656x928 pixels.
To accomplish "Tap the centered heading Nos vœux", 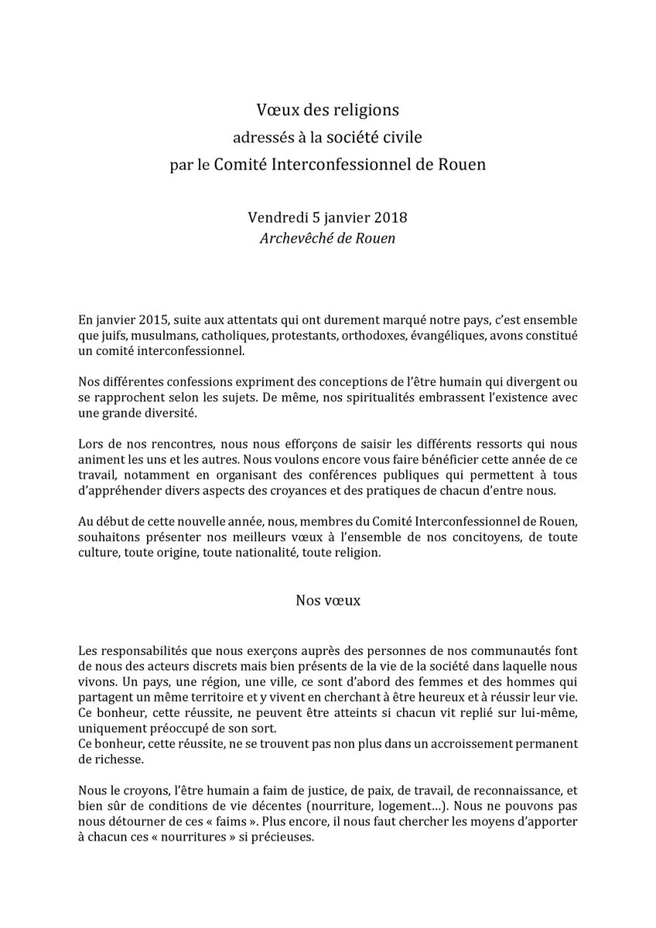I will point(328,599).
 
